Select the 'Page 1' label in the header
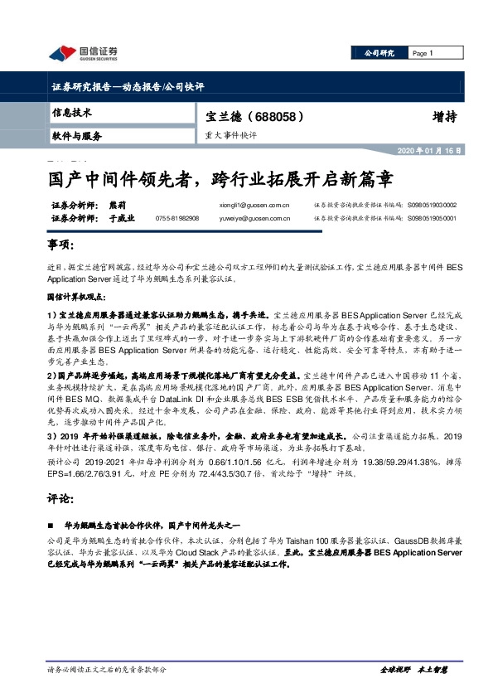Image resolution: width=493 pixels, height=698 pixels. (x=423, y=53)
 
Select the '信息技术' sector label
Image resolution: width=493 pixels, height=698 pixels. (x=72, y=112)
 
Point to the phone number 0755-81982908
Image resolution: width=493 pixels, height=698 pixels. (x=177, y=219)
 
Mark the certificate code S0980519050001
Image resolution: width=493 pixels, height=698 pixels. (x=433, y=219)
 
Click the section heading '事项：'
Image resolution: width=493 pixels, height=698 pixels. (x=62, y=246)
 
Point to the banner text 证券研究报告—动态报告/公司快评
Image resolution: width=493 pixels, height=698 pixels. (x=128, y=86)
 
